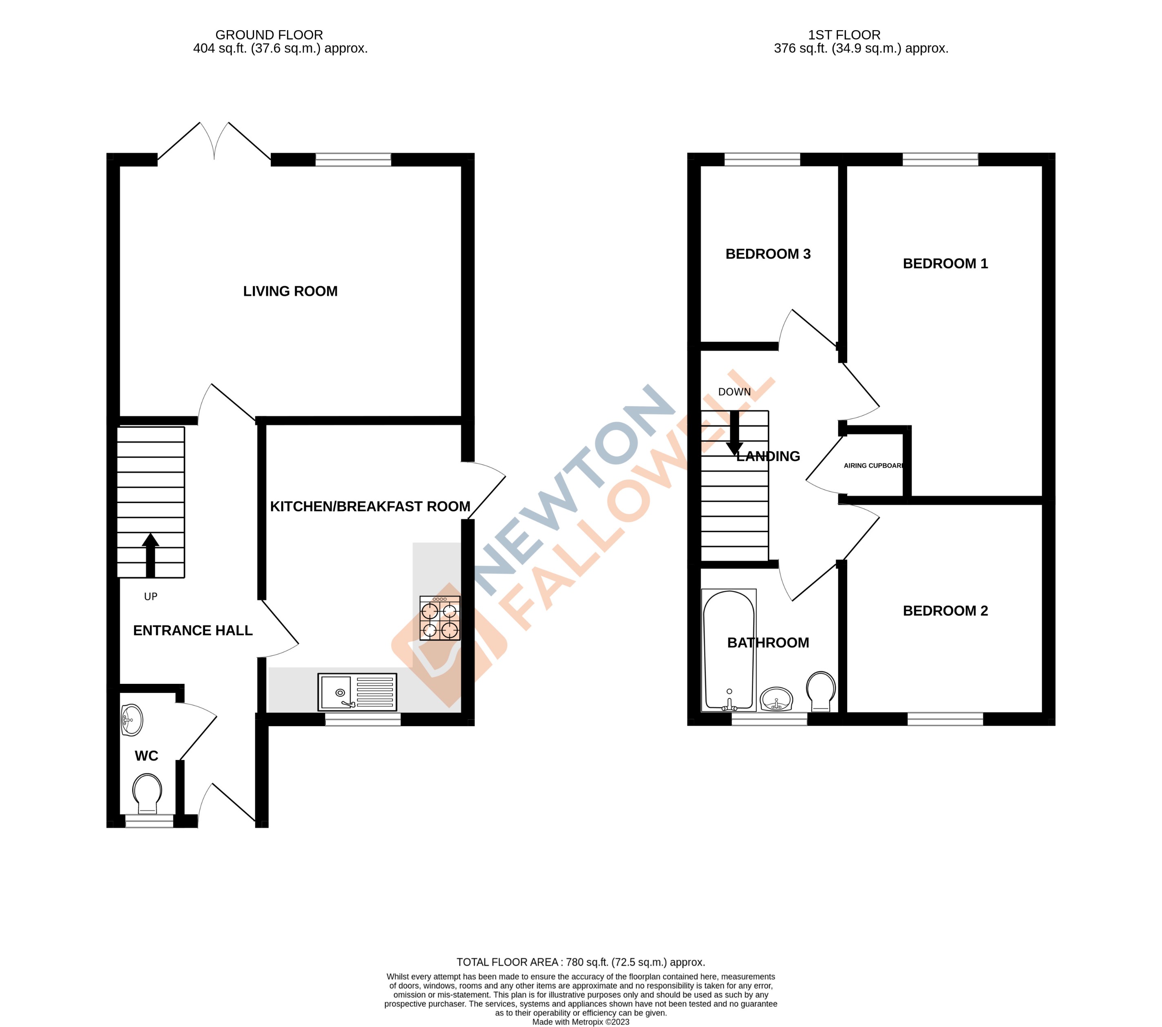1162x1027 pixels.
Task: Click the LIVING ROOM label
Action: (290, 291)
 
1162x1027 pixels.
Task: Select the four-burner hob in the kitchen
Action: (440, 618)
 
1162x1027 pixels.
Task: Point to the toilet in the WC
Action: (147, 793)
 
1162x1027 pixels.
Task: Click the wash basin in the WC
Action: (132, 720)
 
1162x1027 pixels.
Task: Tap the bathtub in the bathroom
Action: (729, 650)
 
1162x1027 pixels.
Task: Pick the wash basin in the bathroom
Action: (776, 699)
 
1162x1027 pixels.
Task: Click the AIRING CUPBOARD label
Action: (874, 465)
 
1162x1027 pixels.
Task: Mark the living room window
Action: (353, 160)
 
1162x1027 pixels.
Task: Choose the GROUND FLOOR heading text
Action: (269, 35)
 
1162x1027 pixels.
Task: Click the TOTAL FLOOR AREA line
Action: (581, 962)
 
